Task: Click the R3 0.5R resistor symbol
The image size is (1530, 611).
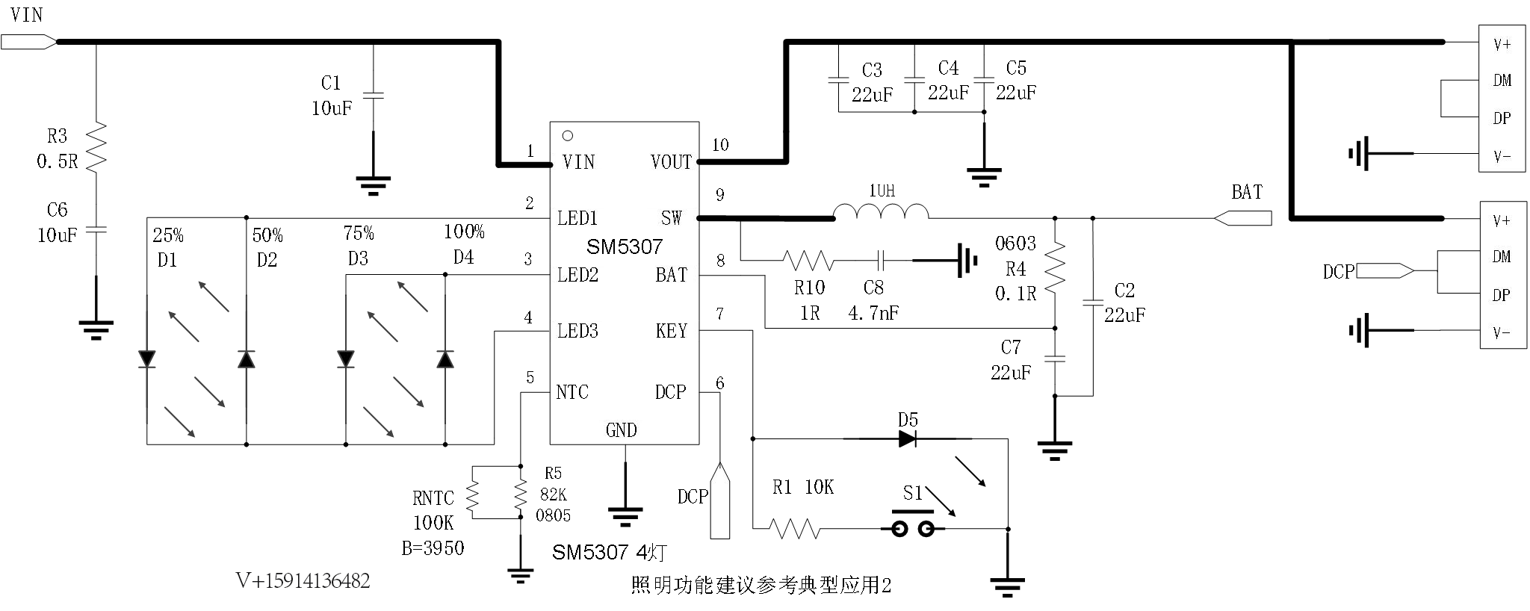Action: pos(96,147)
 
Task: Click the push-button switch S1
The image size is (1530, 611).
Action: pos(911,523)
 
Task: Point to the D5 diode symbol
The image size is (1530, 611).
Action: pos(908,439)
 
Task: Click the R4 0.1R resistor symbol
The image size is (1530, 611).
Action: pos(1055,267)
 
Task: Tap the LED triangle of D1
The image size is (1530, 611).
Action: pos(147,359)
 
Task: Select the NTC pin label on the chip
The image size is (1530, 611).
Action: pos(572,392)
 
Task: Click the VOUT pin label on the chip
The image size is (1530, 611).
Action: pos(671,161)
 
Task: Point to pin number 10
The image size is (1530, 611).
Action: pos(720,145)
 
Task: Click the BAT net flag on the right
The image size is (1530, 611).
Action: pos(1242,218)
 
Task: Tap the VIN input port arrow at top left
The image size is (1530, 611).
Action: pos(28,42)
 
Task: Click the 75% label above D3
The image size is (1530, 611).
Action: pos(359,234)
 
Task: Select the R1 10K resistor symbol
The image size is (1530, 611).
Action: pos(795,529)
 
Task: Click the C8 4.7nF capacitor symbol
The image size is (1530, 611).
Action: pos(882,261)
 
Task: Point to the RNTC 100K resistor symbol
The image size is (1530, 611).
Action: pos(472,493)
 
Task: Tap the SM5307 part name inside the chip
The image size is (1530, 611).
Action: pos(625,246)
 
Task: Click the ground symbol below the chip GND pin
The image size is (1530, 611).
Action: pos(625,515)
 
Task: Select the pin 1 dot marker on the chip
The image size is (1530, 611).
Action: pos(568,136)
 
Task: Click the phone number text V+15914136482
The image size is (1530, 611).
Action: pos(303,581)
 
